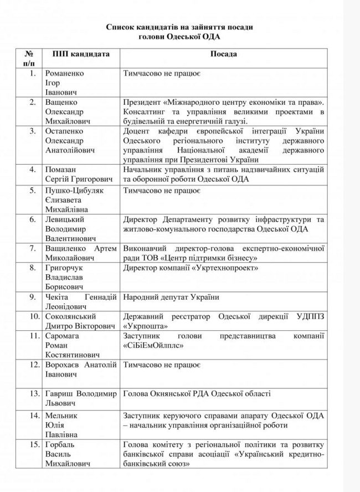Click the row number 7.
(34, 245)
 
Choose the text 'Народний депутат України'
(171, 296)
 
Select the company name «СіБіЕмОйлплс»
(155, 344)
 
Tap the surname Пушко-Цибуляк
(76, 191)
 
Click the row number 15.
(34, 445)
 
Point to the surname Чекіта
(59, 296)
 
